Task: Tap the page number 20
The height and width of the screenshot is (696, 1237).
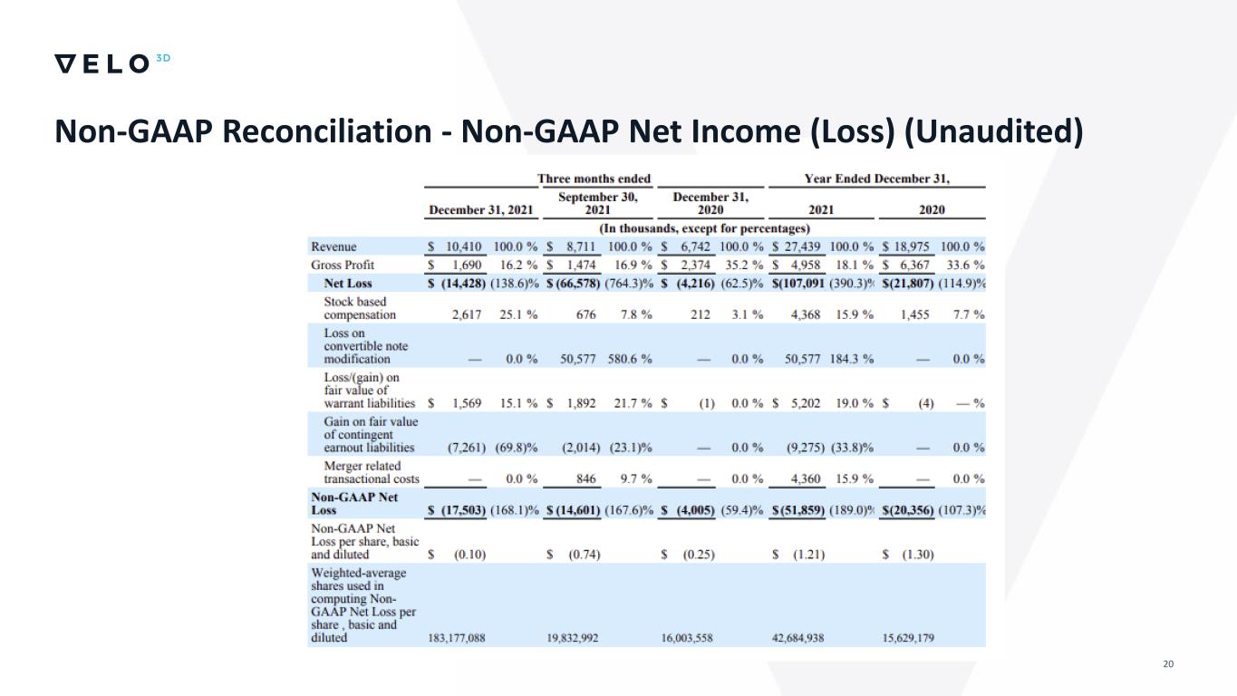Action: pos(1167,665)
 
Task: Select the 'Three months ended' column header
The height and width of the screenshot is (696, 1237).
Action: pos(594,179)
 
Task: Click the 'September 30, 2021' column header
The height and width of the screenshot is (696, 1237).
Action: pos(597,203)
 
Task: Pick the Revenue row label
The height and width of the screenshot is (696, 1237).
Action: pos(333,246)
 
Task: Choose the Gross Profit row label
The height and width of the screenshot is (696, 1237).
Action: pos(343,266)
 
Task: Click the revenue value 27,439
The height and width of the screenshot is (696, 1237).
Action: pos(801,246)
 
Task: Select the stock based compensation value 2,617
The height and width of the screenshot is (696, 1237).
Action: pos(469,315)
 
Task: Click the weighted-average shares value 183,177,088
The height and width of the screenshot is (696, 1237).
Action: pos(456,638)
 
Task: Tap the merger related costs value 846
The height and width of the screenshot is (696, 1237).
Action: pos(585,478)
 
